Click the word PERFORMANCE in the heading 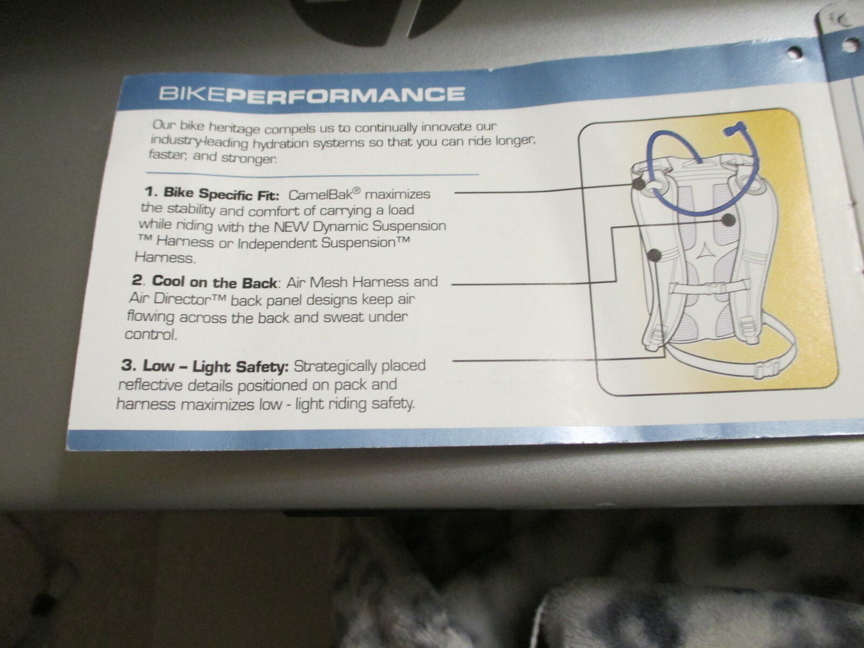[x=346, y=95]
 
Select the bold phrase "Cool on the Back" [x=214, y=282]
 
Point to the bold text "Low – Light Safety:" [x=216, y=366]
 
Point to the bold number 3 [x=129, y=364]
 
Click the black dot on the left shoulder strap [x=654, y=255]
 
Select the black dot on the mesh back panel [x=728, y=220]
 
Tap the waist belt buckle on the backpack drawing [x=766, y=370]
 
